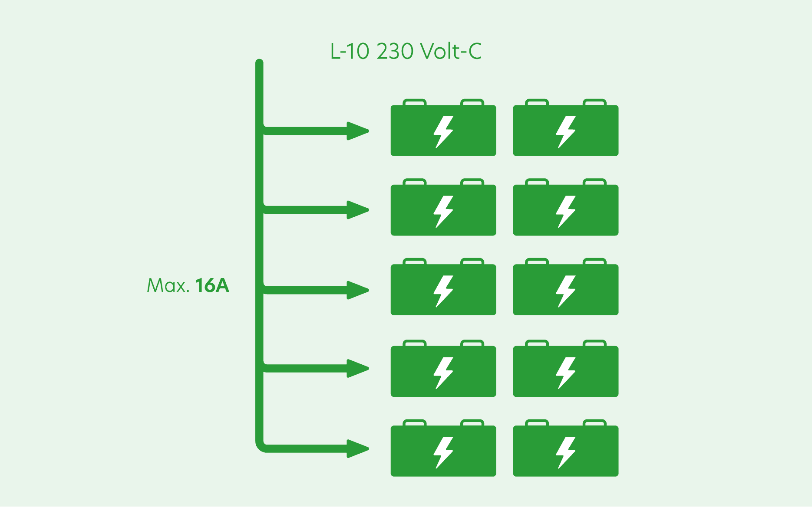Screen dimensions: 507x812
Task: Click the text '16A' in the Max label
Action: pyautogui.click(x=212, y=285)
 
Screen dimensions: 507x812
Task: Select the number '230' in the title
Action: pyautogui.click(x=395, y=52)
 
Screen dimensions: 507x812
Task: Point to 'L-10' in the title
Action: pyautogui.click(x=350, y=52)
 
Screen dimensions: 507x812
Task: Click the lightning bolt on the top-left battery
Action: pyautogui.click(x=443, y=132)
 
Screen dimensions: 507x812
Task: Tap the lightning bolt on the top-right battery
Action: pyautogui.click(x=566, y=132)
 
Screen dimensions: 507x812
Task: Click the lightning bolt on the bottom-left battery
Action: pyautogui.click(x=443, y=452)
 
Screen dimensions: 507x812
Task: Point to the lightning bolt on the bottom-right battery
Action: pyautogui.click(x=566, y=452)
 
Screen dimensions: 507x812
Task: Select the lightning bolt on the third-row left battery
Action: pyautogui.click(x=443, y=291)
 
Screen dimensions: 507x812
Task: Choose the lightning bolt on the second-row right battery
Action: pyautogui.click(x=566, y=212)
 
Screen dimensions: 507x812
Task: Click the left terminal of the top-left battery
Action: pyautogui.click(x=414, y=102)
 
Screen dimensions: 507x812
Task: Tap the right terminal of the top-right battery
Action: pyautogui.click(x=594, y=102)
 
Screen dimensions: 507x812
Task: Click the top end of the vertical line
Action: pyautogui.click(x=260, y=63)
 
